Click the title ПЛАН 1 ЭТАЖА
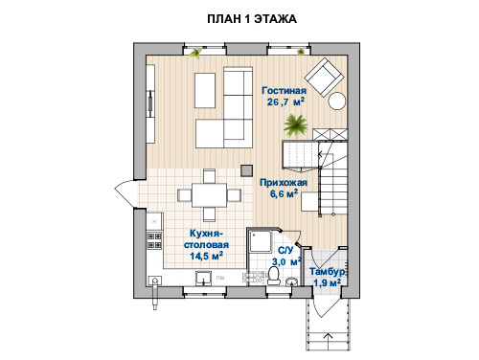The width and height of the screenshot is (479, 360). click(252, 19)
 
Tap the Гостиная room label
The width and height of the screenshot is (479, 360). click(284, 91)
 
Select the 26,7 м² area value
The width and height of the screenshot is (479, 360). click(285, 101)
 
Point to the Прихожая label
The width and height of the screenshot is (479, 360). click(284, 183)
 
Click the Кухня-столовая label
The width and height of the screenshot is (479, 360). click(206, 239)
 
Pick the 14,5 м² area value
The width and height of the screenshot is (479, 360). click(206, 256)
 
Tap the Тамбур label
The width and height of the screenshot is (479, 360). click(327, 272)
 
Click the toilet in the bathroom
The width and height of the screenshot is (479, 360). click(273, 276)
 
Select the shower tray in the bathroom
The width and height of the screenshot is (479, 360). click(260, 241)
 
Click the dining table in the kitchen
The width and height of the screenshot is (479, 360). click(209, 195)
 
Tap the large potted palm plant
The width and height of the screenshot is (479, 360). click(296, 125)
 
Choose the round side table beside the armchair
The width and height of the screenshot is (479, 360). click(337, 101)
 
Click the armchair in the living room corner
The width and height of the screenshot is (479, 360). click(324, 77)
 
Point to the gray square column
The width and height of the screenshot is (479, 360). click(246, 170)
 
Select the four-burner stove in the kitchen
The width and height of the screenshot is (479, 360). click(154, 240)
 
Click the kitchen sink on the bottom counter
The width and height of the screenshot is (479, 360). click(203, 278)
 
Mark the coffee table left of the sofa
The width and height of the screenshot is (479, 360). click(205, 91)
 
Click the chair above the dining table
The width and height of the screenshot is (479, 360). click(209, 176)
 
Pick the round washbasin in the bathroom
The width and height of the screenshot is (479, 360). click(291, 281)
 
